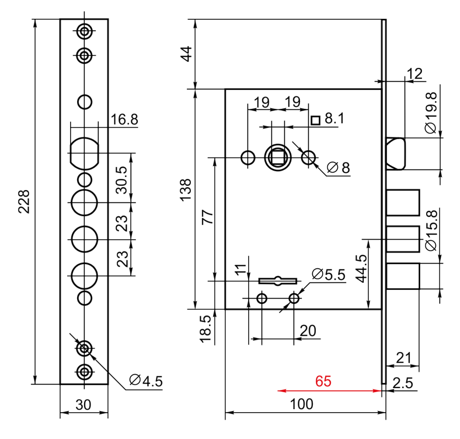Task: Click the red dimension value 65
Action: [323, 381]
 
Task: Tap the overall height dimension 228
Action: [24, 202]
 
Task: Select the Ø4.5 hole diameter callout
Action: [146, 381]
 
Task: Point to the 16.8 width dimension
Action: [125, 119]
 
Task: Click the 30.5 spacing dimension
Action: [122, 180]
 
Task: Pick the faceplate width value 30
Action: [83, 405]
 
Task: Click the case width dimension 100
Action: [302, 404]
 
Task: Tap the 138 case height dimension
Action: [185, 190]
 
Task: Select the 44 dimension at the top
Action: [186, 54]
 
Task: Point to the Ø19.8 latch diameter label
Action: [431, 113]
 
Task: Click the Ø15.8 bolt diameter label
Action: [431, 230]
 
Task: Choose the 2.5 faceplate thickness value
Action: [403, 383]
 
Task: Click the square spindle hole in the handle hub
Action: [278, 157]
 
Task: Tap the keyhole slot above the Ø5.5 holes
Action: [278, 281]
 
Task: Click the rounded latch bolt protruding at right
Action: [396, 154]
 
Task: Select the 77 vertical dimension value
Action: [208, 217]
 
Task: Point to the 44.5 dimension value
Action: [362, 268]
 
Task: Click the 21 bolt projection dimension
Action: [404, 358]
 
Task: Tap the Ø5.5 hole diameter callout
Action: [328, 274]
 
